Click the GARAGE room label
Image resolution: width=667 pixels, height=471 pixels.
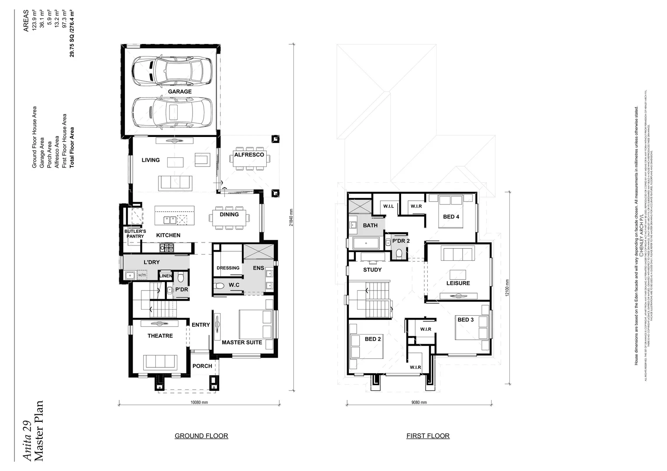click(180, 92)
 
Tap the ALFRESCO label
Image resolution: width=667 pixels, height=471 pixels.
click(249, 155)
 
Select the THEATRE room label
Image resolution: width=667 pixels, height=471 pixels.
click(160, 336)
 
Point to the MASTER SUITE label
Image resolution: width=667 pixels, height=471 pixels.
click(242, 342)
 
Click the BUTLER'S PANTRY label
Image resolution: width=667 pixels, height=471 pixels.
click(135, 234)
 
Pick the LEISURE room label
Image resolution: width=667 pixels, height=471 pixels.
click(458, 283)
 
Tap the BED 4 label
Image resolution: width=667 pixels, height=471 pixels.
click(451, 217)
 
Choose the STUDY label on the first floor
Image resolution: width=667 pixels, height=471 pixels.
click(372, 270)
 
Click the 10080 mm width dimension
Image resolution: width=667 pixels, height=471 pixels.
click(199, 403)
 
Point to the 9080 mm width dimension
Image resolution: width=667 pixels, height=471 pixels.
click(419, 403)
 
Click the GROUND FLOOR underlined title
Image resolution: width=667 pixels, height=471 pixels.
click(201, 436)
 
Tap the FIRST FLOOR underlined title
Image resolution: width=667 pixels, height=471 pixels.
click(428, 436)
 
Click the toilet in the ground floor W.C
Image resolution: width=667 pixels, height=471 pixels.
click(220, 286)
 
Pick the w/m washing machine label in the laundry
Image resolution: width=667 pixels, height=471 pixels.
click(142, 275)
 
